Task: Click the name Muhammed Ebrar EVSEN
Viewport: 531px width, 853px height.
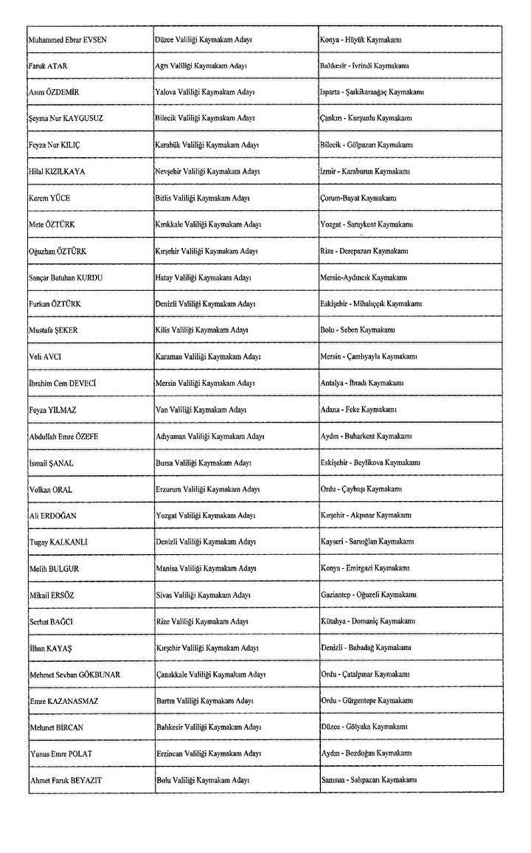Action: point(67,39)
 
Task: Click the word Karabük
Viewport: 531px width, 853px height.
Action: point(168,145)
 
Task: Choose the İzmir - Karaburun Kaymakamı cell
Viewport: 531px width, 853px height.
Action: point(367,171)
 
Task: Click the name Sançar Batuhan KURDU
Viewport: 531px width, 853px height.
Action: point(66,277)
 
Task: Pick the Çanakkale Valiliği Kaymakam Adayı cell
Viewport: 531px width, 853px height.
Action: point(211,674)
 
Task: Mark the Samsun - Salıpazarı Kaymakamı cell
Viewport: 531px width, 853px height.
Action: point(369,780)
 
